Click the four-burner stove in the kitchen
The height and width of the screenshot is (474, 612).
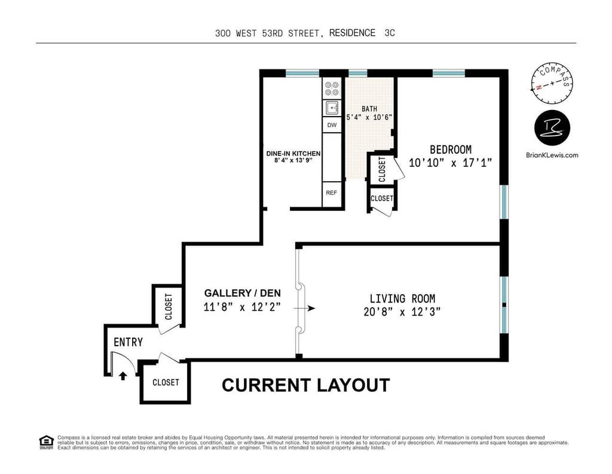coord(332,88)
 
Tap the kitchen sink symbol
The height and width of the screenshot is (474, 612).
coord(332,108)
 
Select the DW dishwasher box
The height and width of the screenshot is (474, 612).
coord(332,125)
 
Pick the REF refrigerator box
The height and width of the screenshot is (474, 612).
coord(332,193)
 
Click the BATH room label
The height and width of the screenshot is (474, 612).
coord(369,109)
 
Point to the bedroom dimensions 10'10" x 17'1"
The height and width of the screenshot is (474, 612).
coord(451,162)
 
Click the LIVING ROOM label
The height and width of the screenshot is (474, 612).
coord(402,298)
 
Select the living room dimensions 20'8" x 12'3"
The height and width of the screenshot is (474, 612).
coord(402,311)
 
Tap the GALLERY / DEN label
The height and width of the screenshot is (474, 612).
coord(242,293)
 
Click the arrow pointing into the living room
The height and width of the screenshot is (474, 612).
coord(309,308)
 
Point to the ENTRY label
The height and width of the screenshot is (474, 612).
coord(128,342)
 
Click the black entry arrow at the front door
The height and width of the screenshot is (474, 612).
coord(123,376)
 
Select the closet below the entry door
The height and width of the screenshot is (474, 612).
coord(166,382)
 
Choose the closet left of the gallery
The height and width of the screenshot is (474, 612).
coord(169,306)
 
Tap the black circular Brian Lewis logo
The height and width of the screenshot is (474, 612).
coord(552,129)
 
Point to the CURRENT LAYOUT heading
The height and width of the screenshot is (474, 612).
coord(305,385)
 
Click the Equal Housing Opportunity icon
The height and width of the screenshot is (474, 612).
coord(46,442)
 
